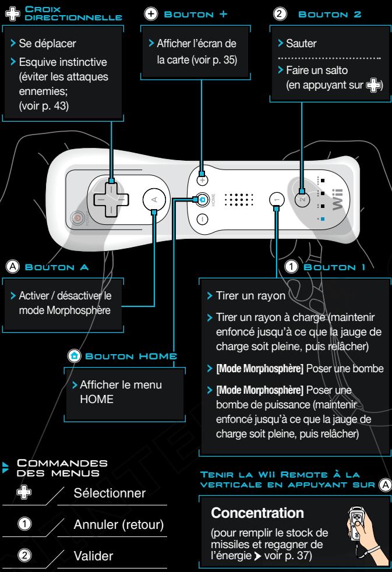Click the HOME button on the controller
pos(201,199)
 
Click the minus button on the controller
pos(201,220)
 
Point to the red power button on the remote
pos(76,218)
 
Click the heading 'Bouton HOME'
pos(129,355)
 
